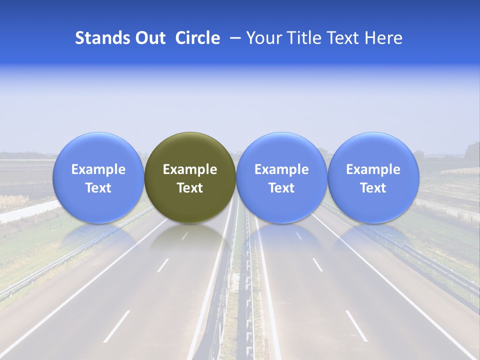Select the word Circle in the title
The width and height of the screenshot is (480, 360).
[x=197, y=38]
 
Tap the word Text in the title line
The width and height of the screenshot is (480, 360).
[x=342, y=38]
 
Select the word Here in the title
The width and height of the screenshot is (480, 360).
[x=383, y=38]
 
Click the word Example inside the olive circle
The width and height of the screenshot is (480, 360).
[x=190, y=169]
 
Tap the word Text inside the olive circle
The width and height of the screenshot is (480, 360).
[x=190, y=188]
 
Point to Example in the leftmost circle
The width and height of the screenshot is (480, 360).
[x=98, y=169]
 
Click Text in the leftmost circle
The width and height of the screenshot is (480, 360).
[x=98, y=188]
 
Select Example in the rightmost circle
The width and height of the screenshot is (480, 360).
[x=373, y=169]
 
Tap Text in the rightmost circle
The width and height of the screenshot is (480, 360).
[x=373, y=188]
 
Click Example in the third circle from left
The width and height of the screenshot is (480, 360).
[x=281, y=169]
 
